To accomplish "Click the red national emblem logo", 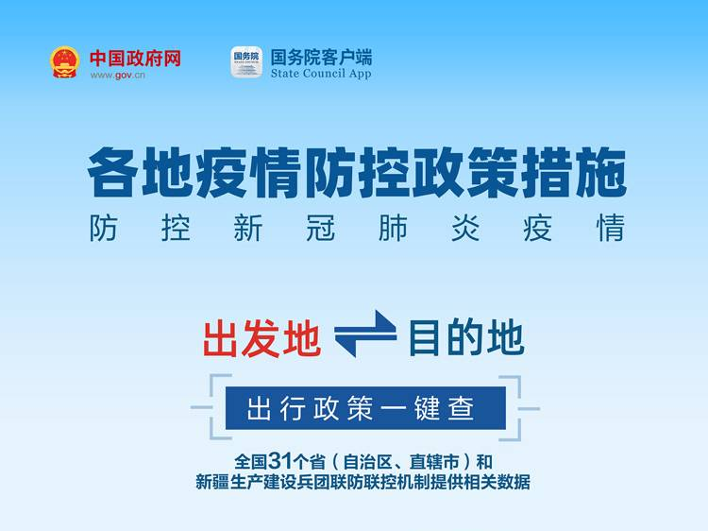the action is pyautogui.click(x=64, y=62).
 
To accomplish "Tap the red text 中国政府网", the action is pyautogui.click(x=135, y=59).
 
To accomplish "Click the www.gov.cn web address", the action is pyautogui.click(x=117, y=75).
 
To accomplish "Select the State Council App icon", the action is pyautogui.click(x=246, y=62).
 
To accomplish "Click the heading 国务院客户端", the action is pyautogui.click(x=321, y=58).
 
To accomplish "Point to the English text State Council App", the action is pyautogui.click(x=321, y=74).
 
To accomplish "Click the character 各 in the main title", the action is pyautogui.click(x=112, y=173).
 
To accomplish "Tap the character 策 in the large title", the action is pyautogui.click(x=492, y=173).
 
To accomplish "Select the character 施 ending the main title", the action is pyautogui.click(x=601, y=173).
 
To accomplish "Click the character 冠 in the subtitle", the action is pyautogui.click(x=320, y=229).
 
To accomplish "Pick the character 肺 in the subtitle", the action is pyautogui.click(x=393, y=229).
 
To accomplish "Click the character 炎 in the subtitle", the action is pyautogui.click(x=465, y=229).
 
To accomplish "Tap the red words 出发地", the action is pyautogui.click(x=261, y=339).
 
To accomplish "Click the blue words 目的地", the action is pyautogui.click(x=466, y=337).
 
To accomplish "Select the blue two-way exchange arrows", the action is pyautogui.click(x=365, y=334).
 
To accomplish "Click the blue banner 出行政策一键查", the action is pyautogui.click(x=365, y=408).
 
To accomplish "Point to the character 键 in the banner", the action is pyautogui.click(x=427, y=408).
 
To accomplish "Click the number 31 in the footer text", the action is pyautogui.click(x=280, y=461).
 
